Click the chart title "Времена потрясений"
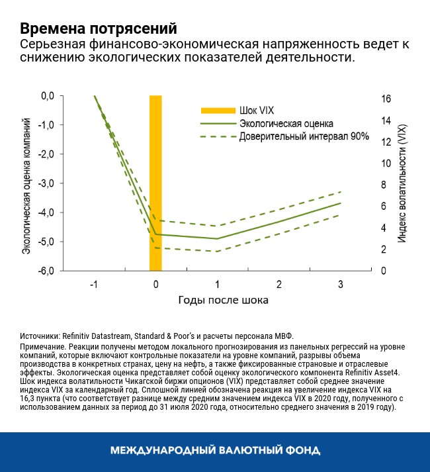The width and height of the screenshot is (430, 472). point(99,29)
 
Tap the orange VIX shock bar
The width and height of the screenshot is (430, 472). point(155,183)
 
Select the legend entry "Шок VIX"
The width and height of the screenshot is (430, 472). point(257,110)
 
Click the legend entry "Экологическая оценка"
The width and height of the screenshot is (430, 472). point(286,123)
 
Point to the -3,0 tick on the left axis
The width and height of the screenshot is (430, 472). point(47,183)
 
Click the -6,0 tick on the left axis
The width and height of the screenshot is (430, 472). point(47,270)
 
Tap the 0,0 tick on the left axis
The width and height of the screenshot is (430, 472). point(48,96)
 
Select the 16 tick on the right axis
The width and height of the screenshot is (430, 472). point(386,99)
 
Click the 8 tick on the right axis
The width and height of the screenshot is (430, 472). point(384,185)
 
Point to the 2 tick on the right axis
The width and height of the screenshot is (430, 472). point(384,250)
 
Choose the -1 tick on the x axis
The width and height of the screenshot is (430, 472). point(94,285)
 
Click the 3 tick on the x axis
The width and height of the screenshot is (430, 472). point(341,285)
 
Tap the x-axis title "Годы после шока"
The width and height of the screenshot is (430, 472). point(223,300)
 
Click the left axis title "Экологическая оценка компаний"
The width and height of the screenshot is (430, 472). point(27,184)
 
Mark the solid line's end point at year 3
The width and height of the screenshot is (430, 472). point(341,203)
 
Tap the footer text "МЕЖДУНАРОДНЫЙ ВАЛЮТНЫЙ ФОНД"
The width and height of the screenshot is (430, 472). point(215,451)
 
